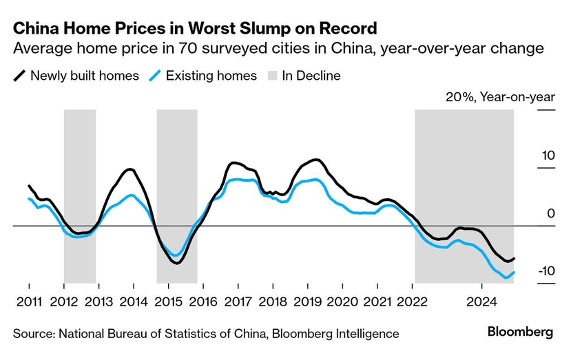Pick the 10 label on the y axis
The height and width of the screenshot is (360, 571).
[548, 156]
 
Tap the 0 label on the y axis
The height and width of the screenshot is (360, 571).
[551, 213]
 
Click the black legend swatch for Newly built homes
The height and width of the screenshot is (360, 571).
[20, 76]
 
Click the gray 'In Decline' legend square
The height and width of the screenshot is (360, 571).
[271, 76]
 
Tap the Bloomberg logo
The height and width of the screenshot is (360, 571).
[520, 332]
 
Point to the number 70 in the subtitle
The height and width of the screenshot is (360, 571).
[191, 50]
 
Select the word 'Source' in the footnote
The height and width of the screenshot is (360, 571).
[32, 334]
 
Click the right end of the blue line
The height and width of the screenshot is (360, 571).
[514, 273]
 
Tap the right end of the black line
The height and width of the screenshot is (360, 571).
[514, 259]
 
